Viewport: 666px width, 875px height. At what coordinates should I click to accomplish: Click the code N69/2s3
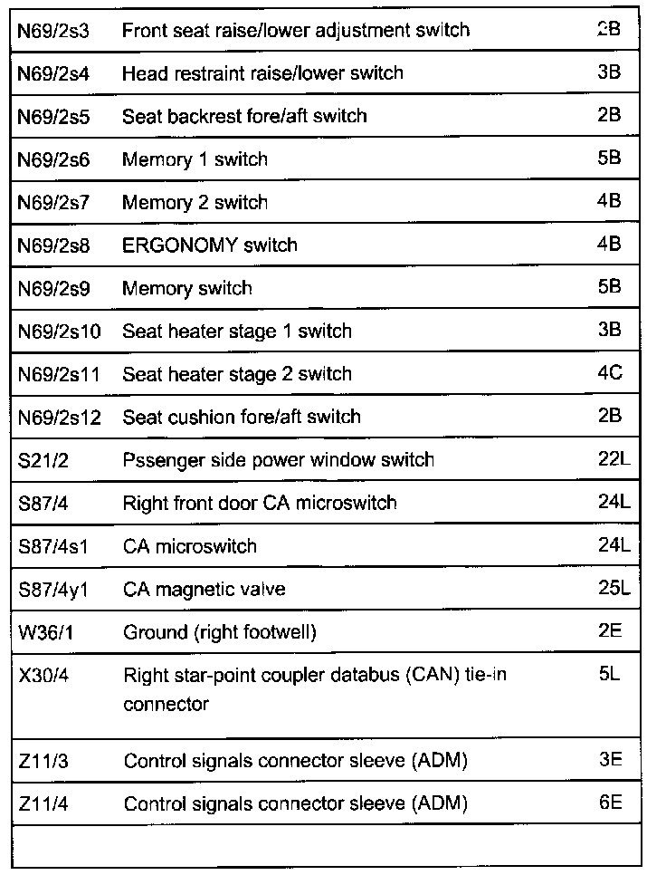53,30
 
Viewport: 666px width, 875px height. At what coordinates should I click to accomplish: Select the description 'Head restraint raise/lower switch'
262,73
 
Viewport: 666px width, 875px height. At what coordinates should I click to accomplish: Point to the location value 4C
610,373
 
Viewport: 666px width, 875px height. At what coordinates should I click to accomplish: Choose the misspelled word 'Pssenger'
157,460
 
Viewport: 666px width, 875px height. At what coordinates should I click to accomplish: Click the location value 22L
614,459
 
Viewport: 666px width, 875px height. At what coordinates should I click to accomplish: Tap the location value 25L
614,589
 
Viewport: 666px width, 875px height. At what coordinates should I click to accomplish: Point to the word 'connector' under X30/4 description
166,704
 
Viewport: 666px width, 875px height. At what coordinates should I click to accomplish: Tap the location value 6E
610,803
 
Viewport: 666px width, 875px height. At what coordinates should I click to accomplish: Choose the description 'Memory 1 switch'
195,159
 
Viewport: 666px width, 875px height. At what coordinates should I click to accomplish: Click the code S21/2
43,460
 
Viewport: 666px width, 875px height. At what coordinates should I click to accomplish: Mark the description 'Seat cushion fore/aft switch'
241,418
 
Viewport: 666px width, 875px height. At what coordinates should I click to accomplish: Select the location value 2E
610,631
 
